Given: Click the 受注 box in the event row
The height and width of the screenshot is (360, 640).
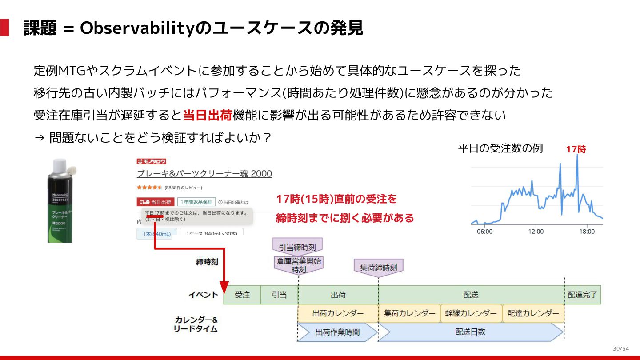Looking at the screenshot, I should pos(242,295).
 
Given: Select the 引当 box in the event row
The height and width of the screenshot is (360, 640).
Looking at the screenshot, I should pos(279,295).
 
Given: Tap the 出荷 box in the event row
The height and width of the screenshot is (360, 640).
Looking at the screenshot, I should pos(338,295).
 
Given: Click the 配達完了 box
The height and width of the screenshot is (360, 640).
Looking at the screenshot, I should pos(583,295).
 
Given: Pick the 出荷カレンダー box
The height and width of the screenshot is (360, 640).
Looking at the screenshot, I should pos(338,313).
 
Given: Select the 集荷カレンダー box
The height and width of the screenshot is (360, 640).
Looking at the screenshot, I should pos(409,313).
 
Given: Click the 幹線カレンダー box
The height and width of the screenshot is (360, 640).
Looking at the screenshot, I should pos(471,313).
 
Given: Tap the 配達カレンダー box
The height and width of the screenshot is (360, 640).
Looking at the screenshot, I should pos(533,313).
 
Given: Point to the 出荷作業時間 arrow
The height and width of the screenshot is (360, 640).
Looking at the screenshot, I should pos(337,332).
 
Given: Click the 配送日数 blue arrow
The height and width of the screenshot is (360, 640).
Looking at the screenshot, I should pos(470,332).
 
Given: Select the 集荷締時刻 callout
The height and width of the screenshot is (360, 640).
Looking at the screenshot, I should pos(378,268).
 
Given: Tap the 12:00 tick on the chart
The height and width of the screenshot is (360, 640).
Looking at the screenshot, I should pos(536,232).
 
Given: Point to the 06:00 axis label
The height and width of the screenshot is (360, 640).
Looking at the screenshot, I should pos(484,232).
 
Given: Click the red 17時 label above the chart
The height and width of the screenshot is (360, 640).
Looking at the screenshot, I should pos(576,150).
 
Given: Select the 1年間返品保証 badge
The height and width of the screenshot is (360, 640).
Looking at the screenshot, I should pos(196,202).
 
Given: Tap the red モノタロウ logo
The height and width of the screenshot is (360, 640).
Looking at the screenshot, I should pos(151,161).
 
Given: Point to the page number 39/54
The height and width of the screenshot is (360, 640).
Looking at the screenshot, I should pos(620,348).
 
